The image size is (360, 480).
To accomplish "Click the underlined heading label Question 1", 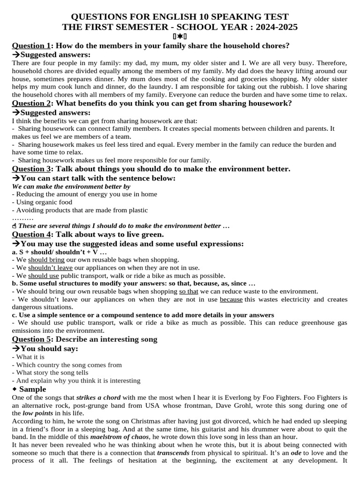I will [31, 45].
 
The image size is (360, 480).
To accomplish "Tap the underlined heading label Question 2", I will [31, 103].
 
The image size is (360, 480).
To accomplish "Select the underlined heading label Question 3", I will [31, 169].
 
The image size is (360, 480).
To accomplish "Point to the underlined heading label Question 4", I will [31, 234].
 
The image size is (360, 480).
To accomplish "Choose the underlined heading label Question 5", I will [31, 339].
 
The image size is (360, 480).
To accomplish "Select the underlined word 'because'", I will [231, 299].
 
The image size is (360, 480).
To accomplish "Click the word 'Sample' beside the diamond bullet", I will [33, 389].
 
